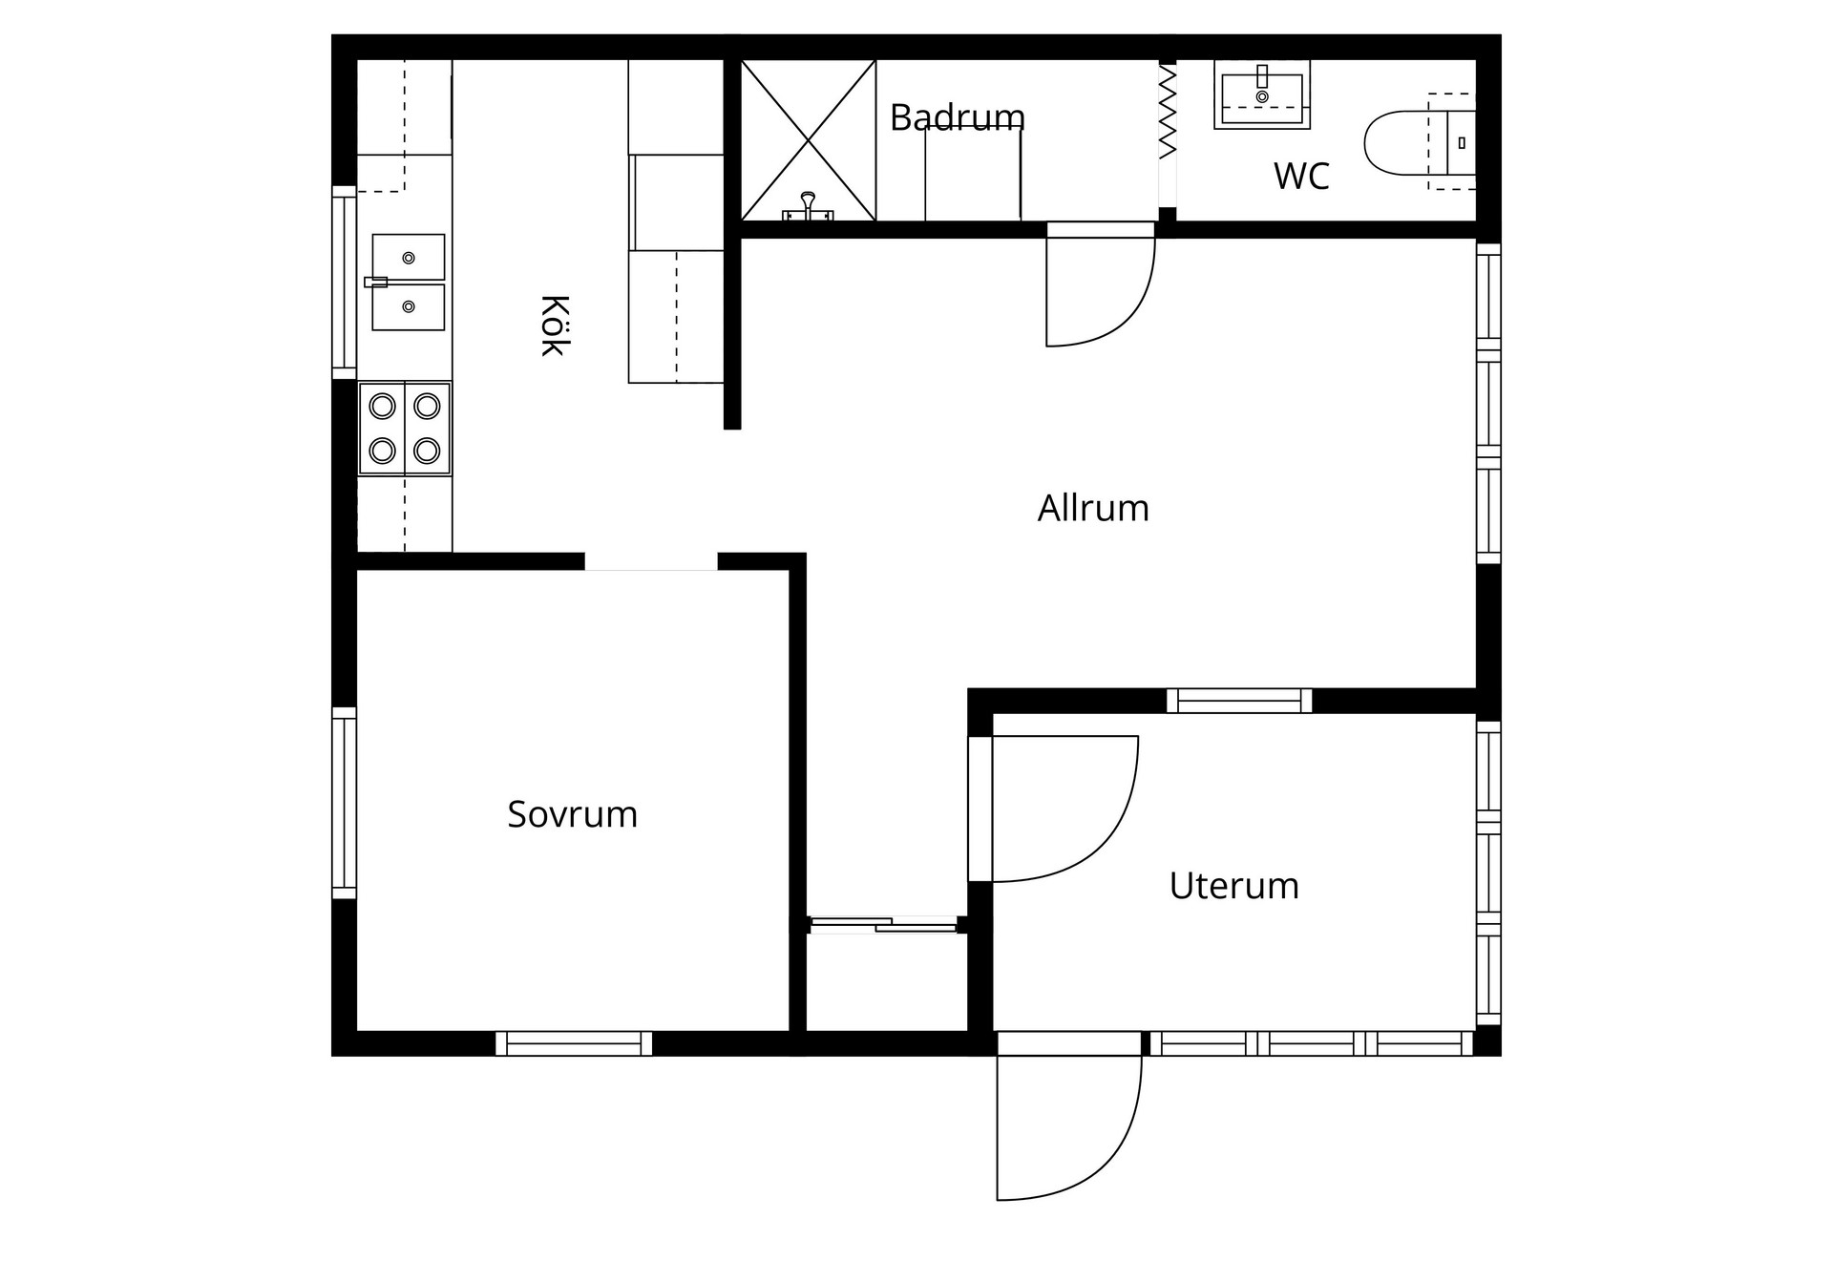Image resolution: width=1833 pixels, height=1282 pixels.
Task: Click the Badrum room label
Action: click(958, 117)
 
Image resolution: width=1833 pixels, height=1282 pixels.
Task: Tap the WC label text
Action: click(1301, 177)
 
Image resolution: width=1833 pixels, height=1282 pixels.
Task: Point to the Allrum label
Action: click(1093, 508)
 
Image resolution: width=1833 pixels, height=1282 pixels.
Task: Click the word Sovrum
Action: click(572, 814)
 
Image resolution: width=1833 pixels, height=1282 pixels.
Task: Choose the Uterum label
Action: click(1233, 886)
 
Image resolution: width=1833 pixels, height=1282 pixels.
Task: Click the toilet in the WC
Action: click(1420, 142)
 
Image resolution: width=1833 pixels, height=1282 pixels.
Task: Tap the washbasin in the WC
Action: click(1262, 95)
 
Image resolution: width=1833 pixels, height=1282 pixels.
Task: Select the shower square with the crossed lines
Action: click(809, 140)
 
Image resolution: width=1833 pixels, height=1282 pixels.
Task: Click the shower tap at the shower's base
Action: click(809, 207)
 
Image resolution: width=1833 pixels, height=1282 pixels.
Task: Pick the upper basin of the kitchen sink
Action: click(409, 258)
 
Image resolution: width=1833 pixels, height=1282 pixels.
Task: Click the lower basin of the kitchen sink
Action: click(409, 307)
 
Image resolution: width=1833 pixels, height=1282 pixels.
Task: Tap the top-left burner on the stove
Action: click(382, 407)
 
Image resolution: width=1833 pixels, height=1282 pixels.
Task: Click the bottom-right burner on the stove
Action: click(427, 451)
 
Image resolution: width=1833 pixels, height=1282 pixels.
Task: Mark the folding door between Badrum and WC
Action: click(1168, 111)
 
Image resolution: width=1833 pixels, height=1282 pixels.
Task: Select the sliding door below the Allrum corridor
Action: click(883, 924)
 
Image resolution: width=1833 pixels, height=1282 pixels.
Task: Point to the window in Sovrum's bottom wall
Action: click(574, 1043)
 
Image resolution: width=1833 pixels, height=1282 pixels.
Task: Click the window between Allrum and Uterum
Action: click(1239, 701)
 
